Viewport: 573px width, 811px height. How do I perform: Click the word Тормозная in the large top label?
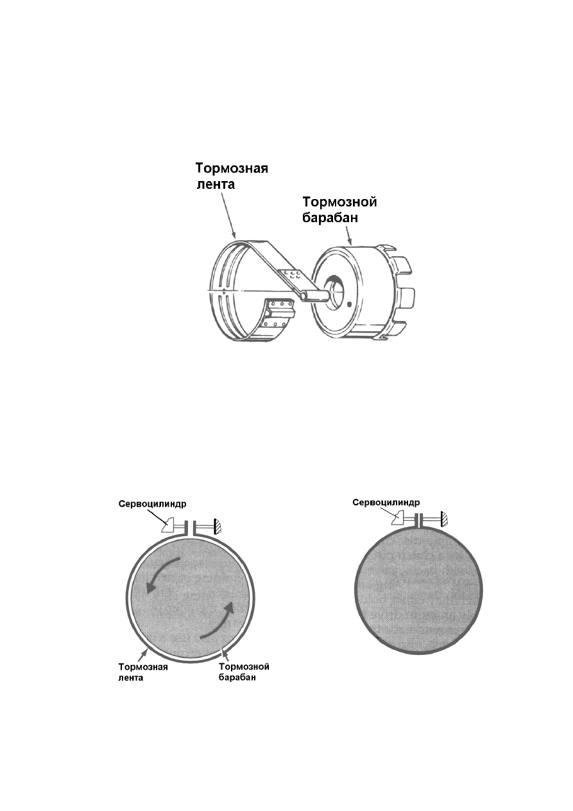(x=232, y=169)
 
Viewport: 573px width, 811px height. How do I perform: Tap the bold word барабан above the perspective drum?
(x=330, y=218)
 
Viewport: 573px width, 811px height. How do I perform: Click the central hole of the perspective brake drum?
(x=336, y=288)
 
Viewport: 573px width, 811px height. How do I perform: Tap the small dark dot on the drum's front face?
(x=348, y=304)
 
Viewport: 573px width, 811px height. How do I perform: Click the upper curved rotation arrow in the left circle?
(x=161, y=573)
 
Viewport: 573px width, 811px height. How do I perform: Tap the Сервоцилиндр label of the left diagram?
(x=152, y=504)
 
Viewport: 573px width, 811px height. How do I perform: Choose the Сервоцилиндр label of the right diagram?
(x=386, y=502)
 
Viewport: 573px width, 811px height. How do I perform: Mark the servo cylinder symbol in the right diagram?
(x=398, y=518)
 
